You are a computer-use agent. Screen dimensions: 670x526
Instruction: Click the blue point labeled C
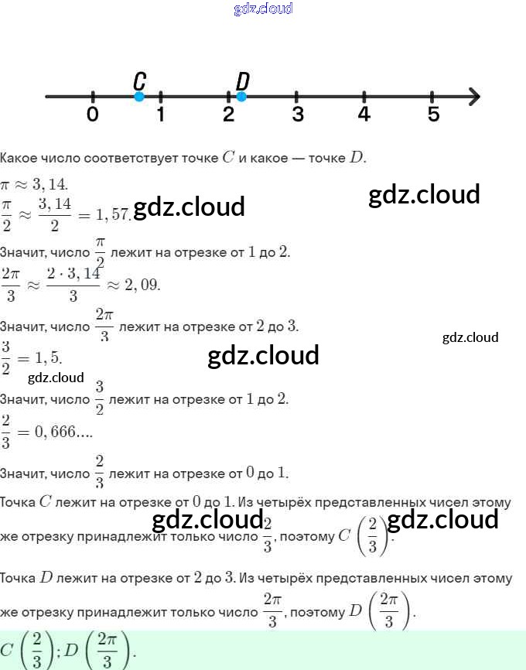pos(139,97)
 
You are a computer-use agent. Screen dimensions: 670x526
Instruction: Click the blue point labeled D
pos(241,97)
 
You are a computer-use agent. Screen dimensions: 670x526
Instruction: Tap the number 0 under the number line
pos(93,115)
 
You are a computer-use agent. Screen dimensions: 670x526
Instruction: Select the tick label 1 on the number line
pos(160,115)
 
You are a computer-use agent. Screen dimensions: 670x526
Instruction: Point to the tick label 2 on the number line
pos(228,115)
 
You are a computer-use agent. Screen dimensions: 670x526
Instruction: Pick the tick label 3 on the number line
pos(297,115)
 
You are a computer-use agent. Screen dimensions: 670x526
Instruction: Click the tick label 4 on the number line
pos(364,115)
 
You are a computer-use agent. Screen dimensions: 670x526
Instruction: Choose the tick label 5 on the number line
pos(433,115)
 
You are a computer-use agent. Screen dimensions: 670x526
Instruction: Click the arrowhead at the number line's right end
pos(474,97)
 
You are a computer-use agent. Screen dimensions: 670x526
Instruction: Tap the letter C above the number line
pos(139,80)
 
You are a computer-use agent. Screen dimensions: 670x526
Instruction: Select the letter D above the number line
pos(242,80)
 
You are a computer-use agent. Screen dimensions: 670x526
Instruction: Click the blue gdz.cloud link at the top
pos(263,9)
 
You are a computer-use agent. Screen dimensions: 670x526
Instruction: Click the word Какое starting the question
pos(16,158)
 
